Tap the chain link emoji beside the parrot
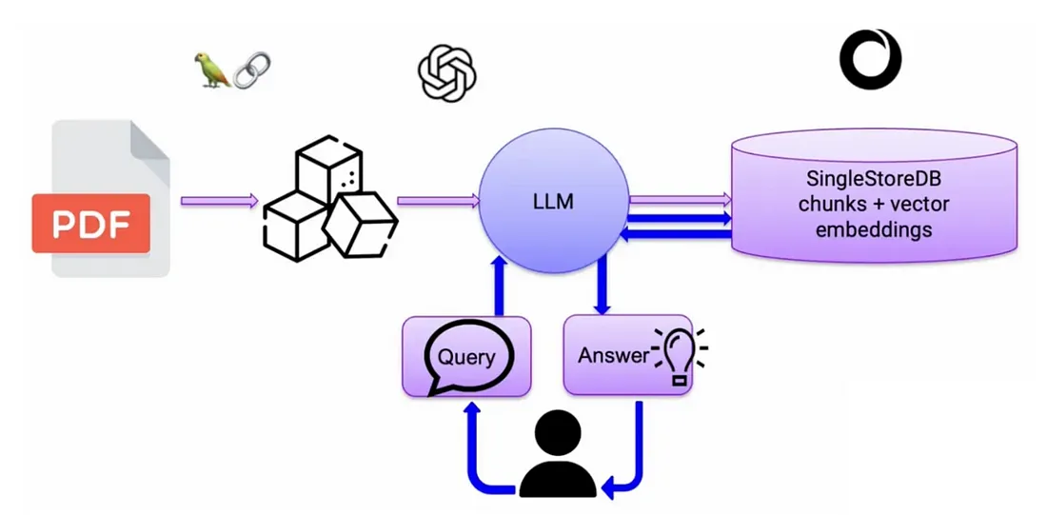[251, 69]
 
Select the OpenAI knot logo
[447, 73]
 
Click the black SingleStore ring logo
[870, 59]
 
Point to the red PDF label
[90, 224]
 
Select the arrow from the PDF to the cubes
[219, 201]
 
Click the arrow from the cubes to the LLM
[437, 201]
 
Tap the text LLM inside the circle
[552, 203]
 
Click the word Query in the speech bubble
[466, 358]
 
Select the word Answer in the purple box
[613, 355]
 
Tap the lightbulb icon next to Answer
[680, 354]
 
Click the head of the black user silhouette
[557, 434]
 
